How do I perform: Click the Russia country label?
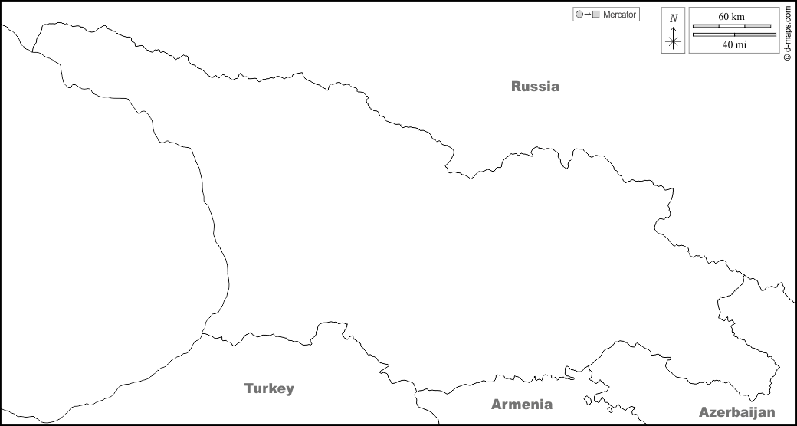click(x=535, y=87)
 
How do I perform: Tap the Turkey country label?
click(x=269, y=388)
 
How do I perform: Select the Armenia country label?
click(x=521, y=405)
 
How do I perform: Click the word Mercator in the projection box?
click(x=620, y=15)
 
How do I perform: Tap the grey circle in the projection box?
click(x=579, y=15)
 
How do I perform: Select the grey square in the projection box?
click(x=596, y=15)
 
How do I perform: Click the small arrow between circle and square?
click(x=588, y=15)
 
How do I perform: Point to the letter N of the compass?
click(x=674, y=18)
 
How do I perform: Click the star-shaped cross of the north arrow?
click(x=674, y=42)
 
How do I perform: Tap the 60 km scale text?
click(x=732, y=16)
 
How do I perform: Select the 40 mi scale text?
click(x=734, y=44)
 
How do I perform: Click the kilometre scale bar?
click(x=732, y=26)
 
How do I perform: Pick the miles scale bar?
click(x=734, y=34)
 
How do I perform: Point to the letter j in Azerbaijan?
click(x=755, y=412)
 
